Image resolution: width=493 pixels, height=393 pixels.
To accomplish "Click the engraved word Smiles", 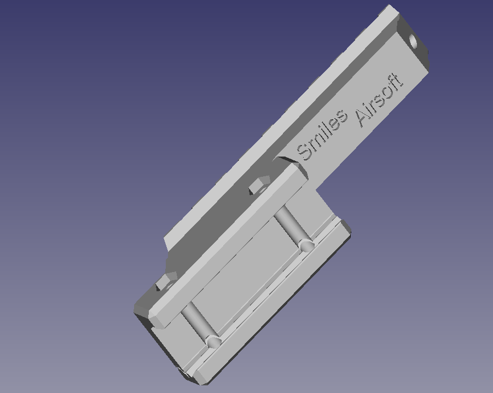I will tap(321, 135).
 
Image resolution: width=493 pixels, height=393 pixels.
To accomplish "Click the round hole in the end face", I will tap(413, 41).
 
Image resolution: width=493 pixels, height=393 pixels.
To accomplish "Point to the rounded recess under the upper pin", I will tap(307, 245).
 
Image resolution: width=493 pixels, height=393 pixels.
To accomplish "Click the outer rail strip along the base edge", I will tap(274, 307).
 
